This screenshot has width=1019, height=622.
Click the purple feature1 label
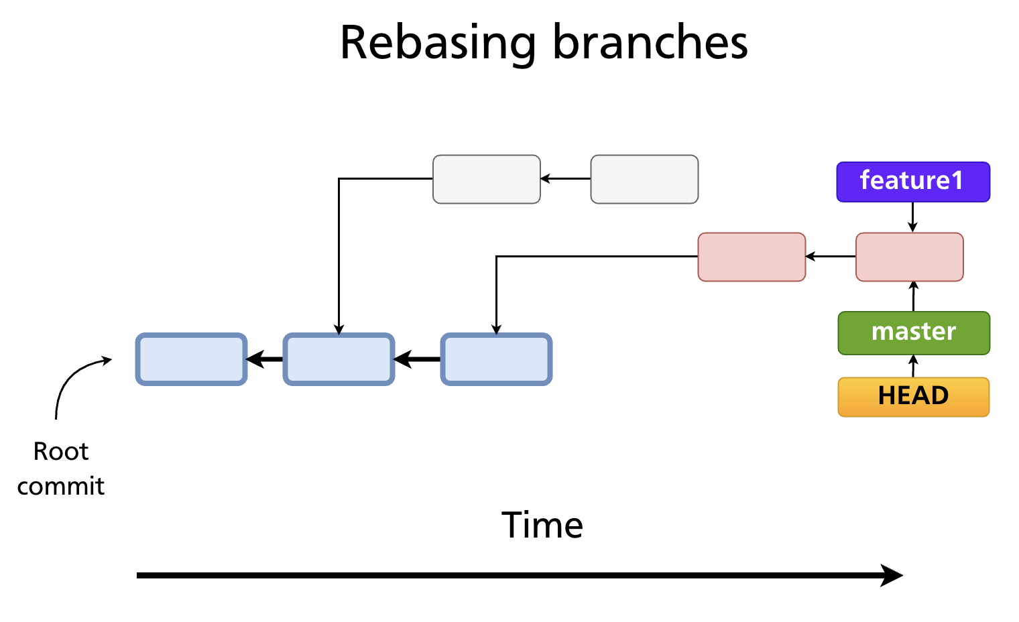[x=912, y=181]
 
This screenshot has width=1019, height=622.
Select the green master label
[x=913, y=332]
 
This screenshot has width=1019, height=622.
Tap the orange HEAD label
[x=913, y=396]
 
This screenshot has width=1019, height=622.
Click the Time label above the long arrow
[x=542, y=525]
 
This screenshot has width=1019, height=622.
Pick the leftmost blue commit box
[x=192, y=359]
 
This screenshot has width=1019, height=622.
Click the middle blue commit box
[x=339, y=359]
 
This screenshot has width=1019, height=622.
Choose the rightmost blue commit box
[x=496, y=359]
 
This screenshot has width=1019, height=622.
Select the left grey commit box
[x=487, y=179]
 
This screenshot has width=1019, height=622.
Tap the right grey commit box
[x=644, y=179]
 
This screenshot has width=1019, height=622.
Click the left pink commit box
[x=752, y=257]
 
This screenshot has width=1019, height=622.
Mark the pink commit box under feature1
[x=909, y=257]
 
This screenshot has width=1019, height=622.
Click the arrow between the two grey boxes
[x=565, y=179]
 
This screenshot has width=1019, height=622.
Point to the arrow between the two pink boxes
[x=830, y=257]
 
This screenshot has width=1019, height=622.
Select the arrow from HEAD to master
[x=913, y=366]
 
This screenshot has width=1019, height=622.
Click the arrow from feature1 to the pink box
[x=912, y=217]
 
